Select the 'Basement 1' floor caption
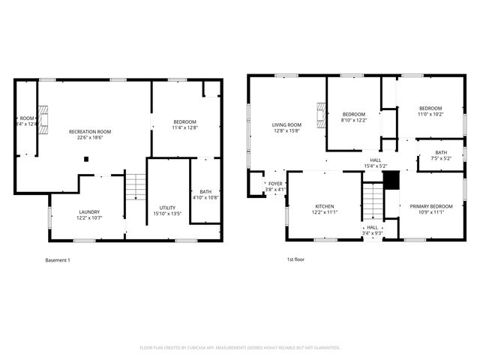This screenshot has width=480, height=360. click(58, 260)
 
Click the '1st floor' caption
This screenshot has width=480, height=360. click(295, 260)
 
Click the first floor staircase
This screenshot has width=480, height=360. click(373, 201)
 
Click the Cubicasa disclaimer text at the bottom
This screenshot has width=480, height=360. click(240, 347)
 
